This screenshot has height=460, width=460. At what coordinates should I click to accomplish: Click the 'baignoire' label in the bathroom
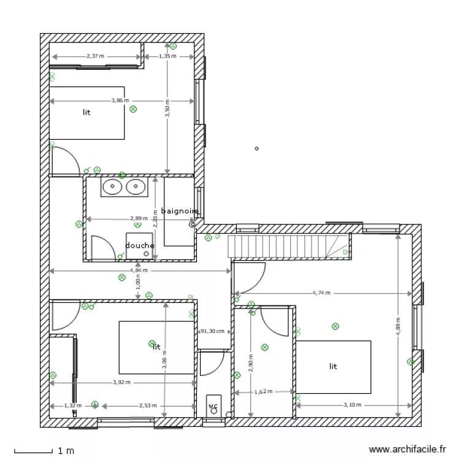point(180,211)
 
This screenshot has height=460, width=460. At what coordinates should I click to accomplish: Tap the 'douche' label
point(140,245)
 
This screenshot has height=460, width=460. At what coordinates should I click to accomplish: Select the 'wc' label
point(213,406)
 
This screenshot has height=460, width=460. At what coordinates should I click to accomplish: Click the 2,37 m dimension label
point(95,56)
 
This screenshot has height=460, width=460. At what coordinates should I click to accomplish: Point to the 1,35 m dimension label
point(167,56)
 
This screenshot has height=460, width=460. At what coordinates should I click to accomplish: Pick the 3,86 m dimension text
point(120,100)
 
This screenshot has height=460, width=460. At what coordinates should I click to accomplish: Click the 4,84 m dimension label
point(138,270)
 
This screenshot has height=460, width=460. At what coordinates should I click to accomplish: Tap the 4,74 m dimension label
point(321,293)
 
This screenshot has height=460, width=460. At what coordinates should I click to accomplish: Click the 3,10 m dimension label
point(352,405)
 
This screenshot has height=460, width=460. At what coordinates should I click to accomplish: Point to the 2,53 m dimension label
point(148,405)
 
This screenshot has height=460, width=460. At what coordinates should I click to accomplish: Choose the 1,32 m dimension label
point(72,405)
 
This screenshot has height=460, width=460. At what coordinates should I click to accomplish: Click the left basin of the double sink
point(112,187)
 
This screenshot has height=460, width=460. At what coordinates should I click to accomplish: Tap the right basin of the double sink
point(135,187)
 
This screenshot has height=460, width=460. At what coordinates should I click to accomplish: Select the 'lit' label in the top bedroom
point(86,113)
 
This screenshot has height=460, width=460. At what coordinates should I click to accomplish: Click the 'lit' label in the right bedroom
point(333,366)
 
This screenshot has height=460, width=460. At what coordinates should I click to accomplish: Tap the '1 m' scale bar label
point(66,451)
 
